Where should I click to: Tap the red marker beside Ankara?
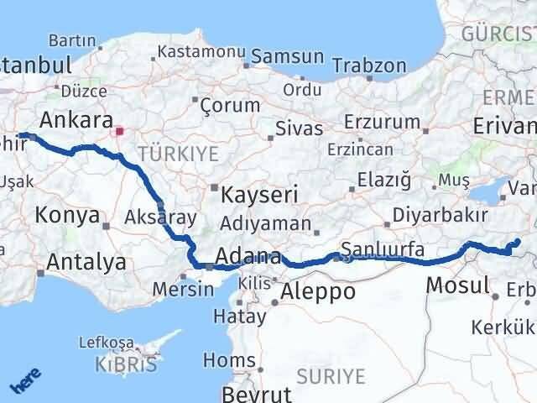coord(120,132)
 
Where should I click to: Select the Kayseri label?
coord(260,195)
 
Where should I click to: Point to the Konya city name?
coord(66,216)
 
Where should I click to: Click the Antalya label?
coord(86,263)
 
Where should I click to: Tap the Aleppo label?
coord(319,291)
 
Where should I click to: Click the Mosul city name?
coord(457,285)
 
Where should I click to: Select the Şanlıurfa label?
coord(383,249)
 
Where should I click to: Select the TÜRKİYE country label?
coord(179,154)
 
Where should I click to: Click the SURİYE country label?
coord(338,374)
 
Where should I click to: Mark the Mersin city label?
coord(183,290)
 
